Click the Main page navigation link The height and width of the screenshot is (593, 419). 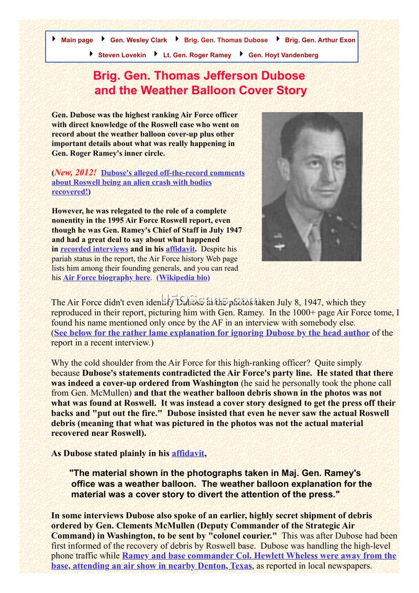pyautogui.click(x=77, y=40)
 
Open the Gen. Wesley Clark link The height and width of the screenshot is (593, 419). pyautogui.click(x=138, y=40)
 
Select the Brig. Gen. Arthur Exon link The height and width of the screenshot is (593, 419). pyautogui.click(x=320, y=40)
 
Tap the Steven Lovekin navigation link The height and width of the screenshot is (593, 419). pyautogui.click(x=122, y=54)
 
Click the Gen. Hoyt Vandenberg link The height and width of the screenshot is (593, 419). pyautogui.click(x=283, y=54)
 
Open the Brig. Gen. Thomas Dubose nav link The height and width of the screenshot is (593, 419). pyautogui.click(x=226, y=40)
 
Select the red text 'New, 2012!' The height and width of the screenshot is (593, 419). pyautogui.click(x=75, y=173)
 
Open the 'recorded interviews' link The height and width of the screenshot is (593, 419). pyautogui.click(x=94, y=249)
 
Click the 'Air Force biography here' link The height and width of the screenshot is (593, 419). pyautogui.click(x=106, y=278)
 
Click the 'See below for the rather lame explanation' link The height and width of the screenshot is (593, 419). pyautogui.click(x=211, y=333)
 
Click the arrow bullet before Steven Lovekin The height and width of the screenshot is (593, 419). pyautogui.click(x=91, y=54)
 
